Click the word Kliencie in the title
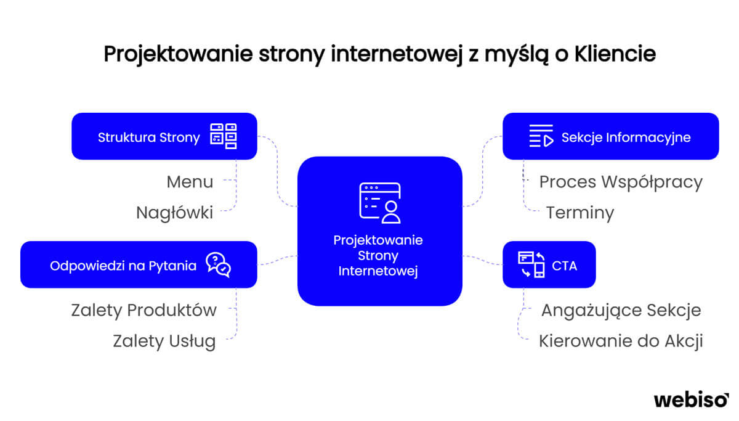click(x=615, y=54)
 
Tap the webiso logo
click(x=691, y=400)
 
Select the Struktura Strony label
click(x=149, y=137)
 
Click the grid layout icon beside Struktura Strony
click(x=224, y=136)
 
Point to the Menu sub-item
click(x=190, y=182)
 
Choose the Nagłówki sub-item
click(x=174, y=213)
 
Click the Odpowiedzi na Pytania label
click(x=123, y=266)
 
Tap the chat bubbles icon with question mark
click(x=218, y=265)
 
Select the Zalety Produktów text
click(x=144, y=311)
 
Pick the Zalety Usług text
click(x=164, y=341)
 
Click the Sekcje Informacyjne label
click(x=626, y=137)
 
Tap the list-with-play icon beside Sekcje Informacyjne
click(x=541, y=136)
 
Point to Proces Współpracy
click(x=621, y=182)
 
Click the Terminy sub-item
click(x=580, y=213)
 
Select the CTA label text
click(x=565, y=266)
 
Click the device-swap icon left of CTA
click(x=531, y=264)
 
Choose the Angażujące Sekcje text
click(x=621, y=311)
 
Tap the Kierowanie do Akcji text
click(x=621, y=341)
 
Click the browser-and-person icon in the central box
click(x=380, y=203)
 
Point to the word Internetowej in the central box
click(x=378, y=271)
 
